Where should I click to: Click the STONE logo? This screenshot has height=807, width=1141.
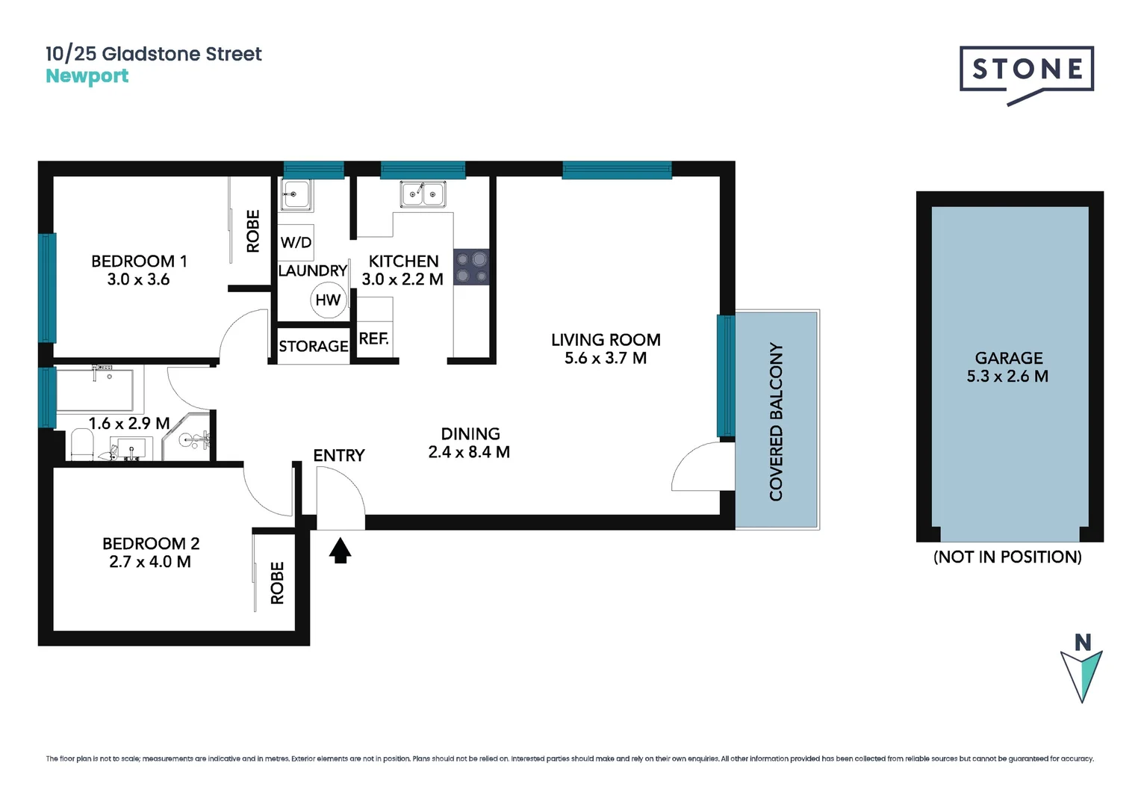[1026, 70]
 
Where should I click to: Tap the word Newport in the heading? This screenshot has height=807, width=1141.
[87, 76]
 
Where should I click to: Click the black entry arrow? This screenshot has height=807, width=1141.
[341, 551]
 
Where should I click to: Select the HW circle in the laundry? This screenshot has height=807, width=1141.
[328, 300]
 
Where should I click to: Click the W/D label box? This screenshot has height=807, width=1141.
[296, 242]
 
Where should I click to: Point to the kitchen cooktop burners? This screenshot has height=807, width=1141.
[471, 267]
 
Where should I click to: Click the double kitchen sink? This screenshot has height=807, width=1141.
[423, 194]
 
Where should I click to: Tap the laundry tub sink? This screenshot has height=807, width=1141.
[296, 195]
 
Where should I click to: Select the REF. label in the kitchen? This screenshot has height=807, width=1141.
[373, 338]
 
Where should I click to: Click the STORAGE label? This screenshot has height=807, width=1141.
[313, 346]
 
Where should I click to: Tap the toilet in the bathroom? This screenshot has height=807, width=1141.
[81, 446]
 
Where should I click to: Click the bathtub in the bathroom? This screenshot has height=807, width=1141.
[95, 389]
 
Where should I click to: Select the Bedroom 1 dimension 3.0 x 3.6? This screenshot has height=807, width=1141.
[138, 279]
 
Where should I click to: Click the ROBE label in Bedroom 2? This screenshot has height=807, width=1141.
[277, 583]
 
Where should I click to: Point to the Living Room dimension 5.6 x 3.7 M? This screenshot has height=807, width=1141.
[605, 358]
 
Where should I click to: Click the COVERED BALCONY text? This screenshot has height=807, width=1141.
[776, 421]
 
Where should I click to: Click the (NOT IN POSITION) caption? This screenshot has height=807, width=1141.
[1007, 557]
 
